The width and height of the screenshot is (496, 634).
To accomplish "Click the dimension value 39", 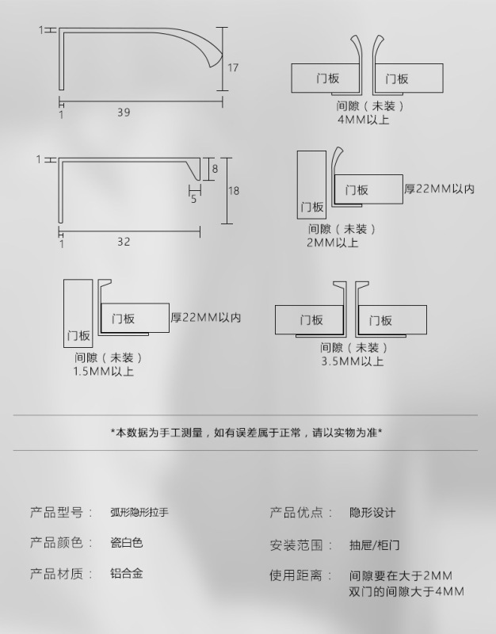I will pyautogui.click(x=124, y=113).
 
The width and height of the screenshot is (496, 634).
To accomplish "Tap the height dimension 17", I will pyautogui.click(x=233, y=68).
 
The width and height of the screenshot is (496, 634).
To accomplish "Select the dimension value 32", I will pyautogui.click(x=124, y=242).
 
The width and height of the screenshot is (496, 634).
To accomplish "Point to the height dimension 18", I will pyautogui.click(x=234, y=191).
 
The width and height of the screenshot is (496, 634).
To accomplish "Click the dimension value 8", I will pyautogui.click(x=214, y=168).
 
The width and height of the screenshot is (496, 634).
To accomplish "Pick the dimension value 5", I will pyautogui.click(x=193, y=199).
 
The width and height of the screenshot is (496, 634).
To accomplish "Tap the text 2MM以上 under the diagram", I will pyautogui.click(x=333, y=243).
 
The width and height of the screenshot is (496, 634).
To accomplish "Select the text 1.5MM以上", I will pyautogui.click(x=104, y=371).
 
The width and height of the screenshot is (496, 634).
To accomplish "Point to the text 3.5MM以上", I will pyautogui.click(x=353, y=361).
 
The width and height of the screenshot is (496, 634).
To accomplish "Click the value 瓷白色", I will pyautogui.click(x=126, y=544).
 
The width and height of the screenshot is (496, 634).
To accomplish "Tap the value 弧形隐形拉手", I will pyautogui.click(x=139, y=513).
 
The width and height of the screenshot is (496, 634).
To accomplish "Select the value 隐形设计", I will pyautogui.click(x=372, y=513).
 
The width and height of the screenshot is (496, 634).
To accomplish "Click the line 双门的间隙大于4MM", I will pyautogui.click(x=406, y=592).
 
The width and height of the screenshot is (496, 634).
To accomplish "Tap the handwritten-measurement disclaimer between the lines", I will pyautogui.click(x=246, y=433).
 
